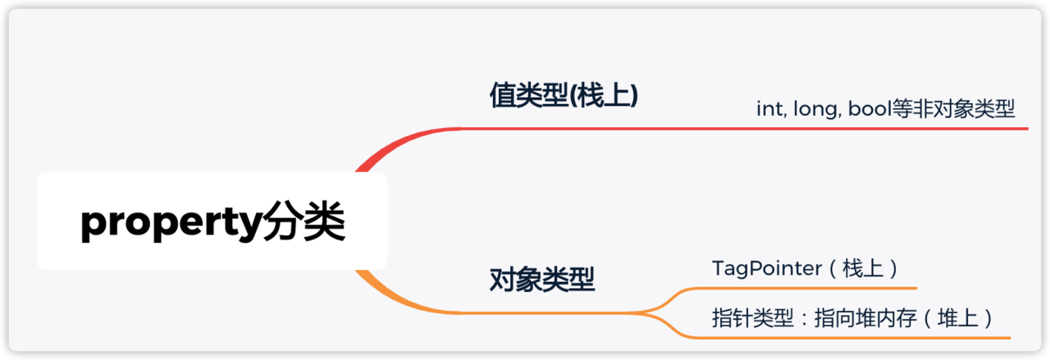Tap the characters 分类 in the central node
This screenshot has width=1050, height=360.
(304, 223)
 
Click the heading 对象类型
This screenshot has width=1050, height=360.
(541, 280)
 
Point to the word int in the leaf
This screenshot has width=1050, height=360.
(769, 109)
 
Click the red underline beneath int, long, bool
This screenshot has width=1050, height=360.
(820, 129)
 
